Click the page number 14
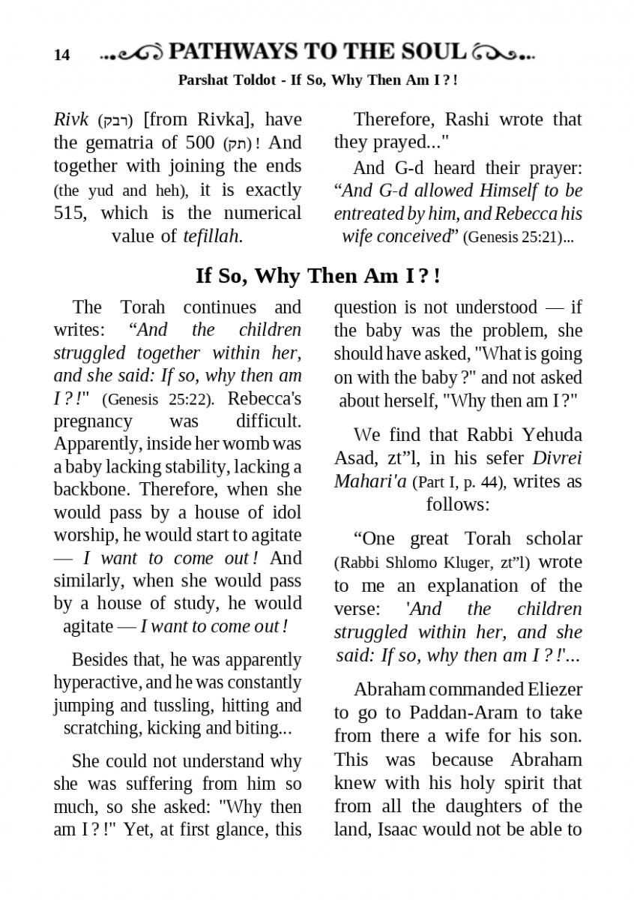[61, 55]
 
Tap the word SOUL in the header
[430, 52]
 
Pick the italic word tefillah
[211, 236]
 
